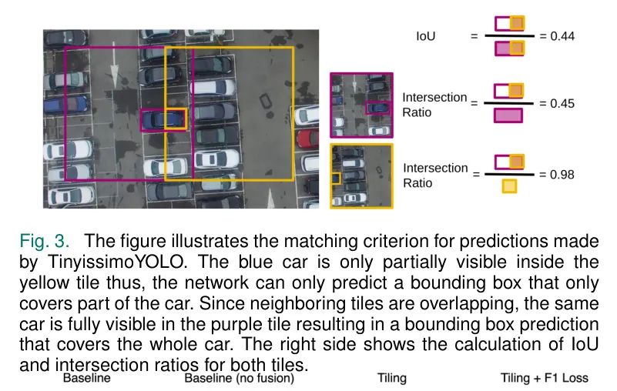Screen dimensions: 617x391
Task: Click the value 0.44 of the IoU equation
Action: [562, 36]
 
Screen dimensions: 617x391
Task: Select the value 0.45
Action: [562, 103]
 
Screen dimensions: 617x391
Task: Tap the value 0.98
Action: [562, 174]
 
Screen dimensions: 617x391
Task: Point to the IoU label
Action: [426, 36]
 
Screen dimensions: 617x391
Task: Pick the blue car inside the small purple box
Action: [163, 119]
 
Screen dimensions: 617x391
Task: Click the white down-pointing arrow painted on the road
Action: [114, 65]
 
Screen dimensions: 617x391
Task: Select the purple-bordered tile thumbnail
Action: [361, 105]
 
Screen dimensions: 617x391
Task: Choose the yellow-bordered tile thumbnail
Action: [361, 175]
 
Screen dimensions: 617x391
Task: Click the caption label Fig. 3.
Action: [44, 241]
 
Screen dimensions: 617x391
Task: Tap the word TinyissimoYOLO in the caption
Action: [116, 262]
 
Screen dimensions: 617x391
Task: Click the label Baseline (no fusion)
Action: [240, 378]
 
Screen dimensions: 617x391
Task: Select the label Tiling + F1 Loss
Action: [544, 378]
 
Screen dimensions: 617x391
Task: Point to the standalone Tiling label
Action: [392, 378]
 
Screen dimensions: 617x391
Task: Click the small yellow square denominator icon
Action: [509, 186]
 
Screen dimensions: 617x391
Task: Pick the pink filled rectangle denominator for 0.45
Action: [508, 115]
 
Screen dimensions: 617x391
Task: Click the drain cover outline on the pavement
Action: [266, 101]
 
